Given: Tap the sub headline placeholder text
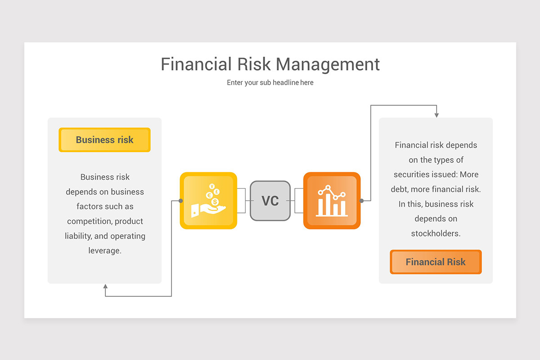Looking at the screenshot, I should coord(270,83).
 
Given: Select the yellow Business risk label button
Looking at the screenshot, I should coord(104,140).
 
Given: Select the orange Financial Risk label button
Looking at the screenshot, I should coord(436,262).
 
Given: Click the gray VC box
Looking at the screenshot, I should coord(270,201).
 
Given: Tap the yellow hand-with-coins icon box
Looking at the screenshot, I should coord(208,201).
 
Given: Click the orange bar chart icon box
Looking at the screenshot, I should coord(332,201).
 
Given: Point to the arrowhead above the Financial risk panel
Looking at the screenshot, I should coord(436,115).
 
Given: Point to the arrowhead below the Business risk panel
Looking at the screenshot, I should coord(105,287).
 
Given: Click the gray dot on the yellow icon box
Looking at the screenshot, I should coord(180,201).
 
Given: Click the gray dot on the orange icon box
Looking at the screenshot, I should coord(361,201).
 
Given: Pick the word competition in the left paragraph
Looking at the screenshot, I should coord(89,221).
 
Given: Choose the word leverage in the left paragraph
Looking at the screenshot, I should coord(105,251).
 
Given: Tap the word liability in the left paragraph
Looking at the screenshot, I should coord(77,236).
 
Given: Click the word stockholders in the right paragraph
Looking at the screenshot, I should coord(436,234).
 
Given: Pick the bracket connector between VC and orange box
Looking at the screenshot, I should coord(297,201).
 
